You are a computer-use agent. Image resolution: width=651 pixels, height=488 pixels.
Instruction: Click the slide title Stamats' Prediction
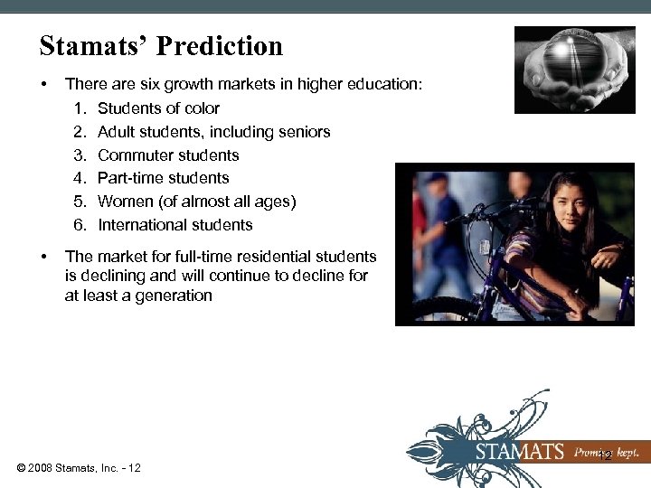click(x=161, y=46)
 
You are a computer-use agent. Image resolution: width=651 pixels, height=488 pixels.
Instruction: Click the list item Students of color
click(x=158, y=108)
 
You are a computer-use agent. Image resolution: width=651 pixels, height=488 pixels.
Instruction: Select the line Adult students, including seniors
click(x=213, y=132)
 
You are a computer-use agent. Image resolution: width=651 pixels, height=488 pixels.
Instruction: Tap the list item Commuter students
click(x=168, y=155)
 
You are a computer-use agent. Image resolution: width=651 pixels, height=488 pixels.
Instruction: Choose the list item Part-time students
click(x=163, y=178)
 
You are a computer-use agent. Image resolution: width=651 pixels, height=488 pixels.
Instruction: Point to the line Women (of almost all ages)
click(x=196, y=202)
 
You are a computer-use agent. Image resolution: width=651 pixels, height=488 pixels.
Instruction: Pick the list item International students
click(x=175, y=225)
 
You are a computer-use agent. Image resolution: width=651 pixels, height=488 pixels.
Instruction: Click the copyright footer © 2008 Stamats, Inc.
click(x=78, y=467)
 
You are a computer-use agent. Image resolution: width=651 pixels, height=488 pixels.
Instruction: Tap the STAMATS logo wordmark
click(x=520, y=451)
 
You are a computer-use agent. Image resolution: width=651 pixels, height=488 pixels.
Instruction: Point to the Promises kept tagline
click(x=607, y=451)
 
